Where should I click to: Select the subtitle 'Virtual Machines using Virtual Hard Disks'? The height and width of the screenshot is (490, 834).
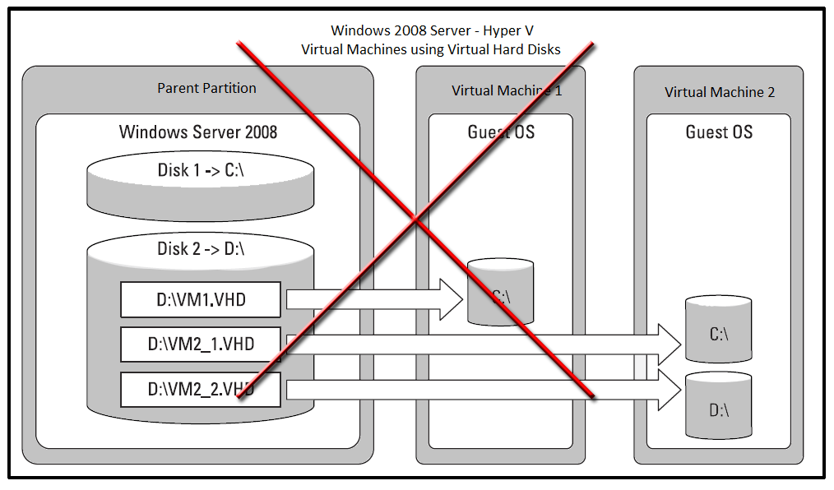tap(431, 49)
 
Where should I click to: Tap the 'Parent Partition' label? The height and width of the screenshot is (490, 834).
tap(206, 88)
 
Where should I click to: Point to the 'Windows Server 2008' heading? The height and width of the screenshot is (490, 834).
tap(198, 132)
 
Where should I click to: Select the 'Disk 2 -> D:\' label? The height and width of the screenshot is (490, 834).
tap(201, 248)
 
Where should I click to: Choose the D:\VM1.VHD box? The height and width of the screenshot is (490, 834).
tap(201, 301)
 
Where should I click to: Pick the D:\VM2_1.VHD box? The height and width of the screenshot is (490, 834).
tap(201, 344)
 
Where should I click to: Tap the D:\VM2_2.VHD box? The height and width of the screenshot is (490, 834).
tap(201, 389)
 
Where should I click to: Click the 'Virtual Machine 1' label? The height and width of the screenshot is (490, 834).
tap(507, 90)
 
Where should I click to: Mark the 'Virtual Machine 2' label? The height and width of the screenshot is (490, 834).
tap(720, 92)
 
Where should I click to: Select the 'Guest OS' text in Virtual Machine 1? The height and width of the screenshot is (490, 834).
tap(501, 132)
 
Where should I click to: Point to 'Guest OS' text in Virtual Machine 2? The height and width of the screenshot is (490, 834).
tap(719, 132)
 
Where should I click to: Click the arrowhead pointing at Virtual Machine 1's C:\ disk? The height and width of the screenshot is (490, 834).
tap(452, 299)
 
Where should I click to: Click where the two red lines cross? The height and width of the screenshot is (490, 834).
tap(416, 220)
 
